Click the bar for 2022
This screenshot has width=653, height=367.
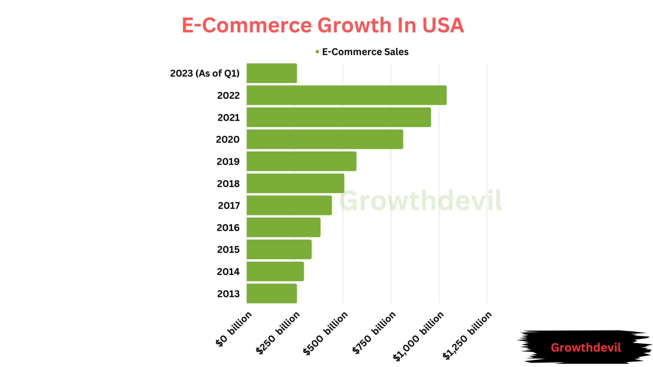[x=347, y=95]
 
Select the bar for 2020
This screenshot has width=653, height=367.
[x=325, y=139]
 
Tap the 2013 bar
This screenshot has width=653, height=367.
[x=272, y=293]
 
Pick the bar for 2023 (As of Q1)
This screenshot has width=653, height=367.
[x=272, y=73]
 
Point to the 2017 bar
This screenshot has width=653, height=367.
[x=289, y=205]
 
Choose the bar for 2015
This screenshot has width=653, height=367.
[x=279, y=249]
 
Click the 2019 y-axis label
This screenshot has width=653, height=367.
[x=228, y=162]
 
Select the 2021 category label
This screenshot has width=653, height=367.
[x=228, y=118]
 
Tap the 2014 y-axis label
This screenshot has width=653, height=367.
[x=228, y=271]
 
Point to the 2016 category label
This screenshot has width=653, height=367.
[x=228, y=227]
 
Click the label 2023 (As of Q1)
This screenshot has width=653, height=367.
[x=205, y=73]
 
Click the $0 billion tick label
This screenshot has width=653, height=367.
[x=234, y=329]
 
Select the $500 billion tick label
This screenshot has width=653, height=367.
[x=326, y=333]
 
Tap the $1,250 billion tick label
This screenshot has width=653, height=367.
[x=467, y=335]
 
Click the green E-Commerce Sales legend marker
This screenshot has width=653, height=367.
[x=317, y=52]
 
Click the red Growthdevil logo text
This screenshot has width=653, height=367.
[x=586, y=348]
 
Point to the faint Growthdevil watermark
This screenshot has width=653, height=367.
[x=421, y=201]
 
